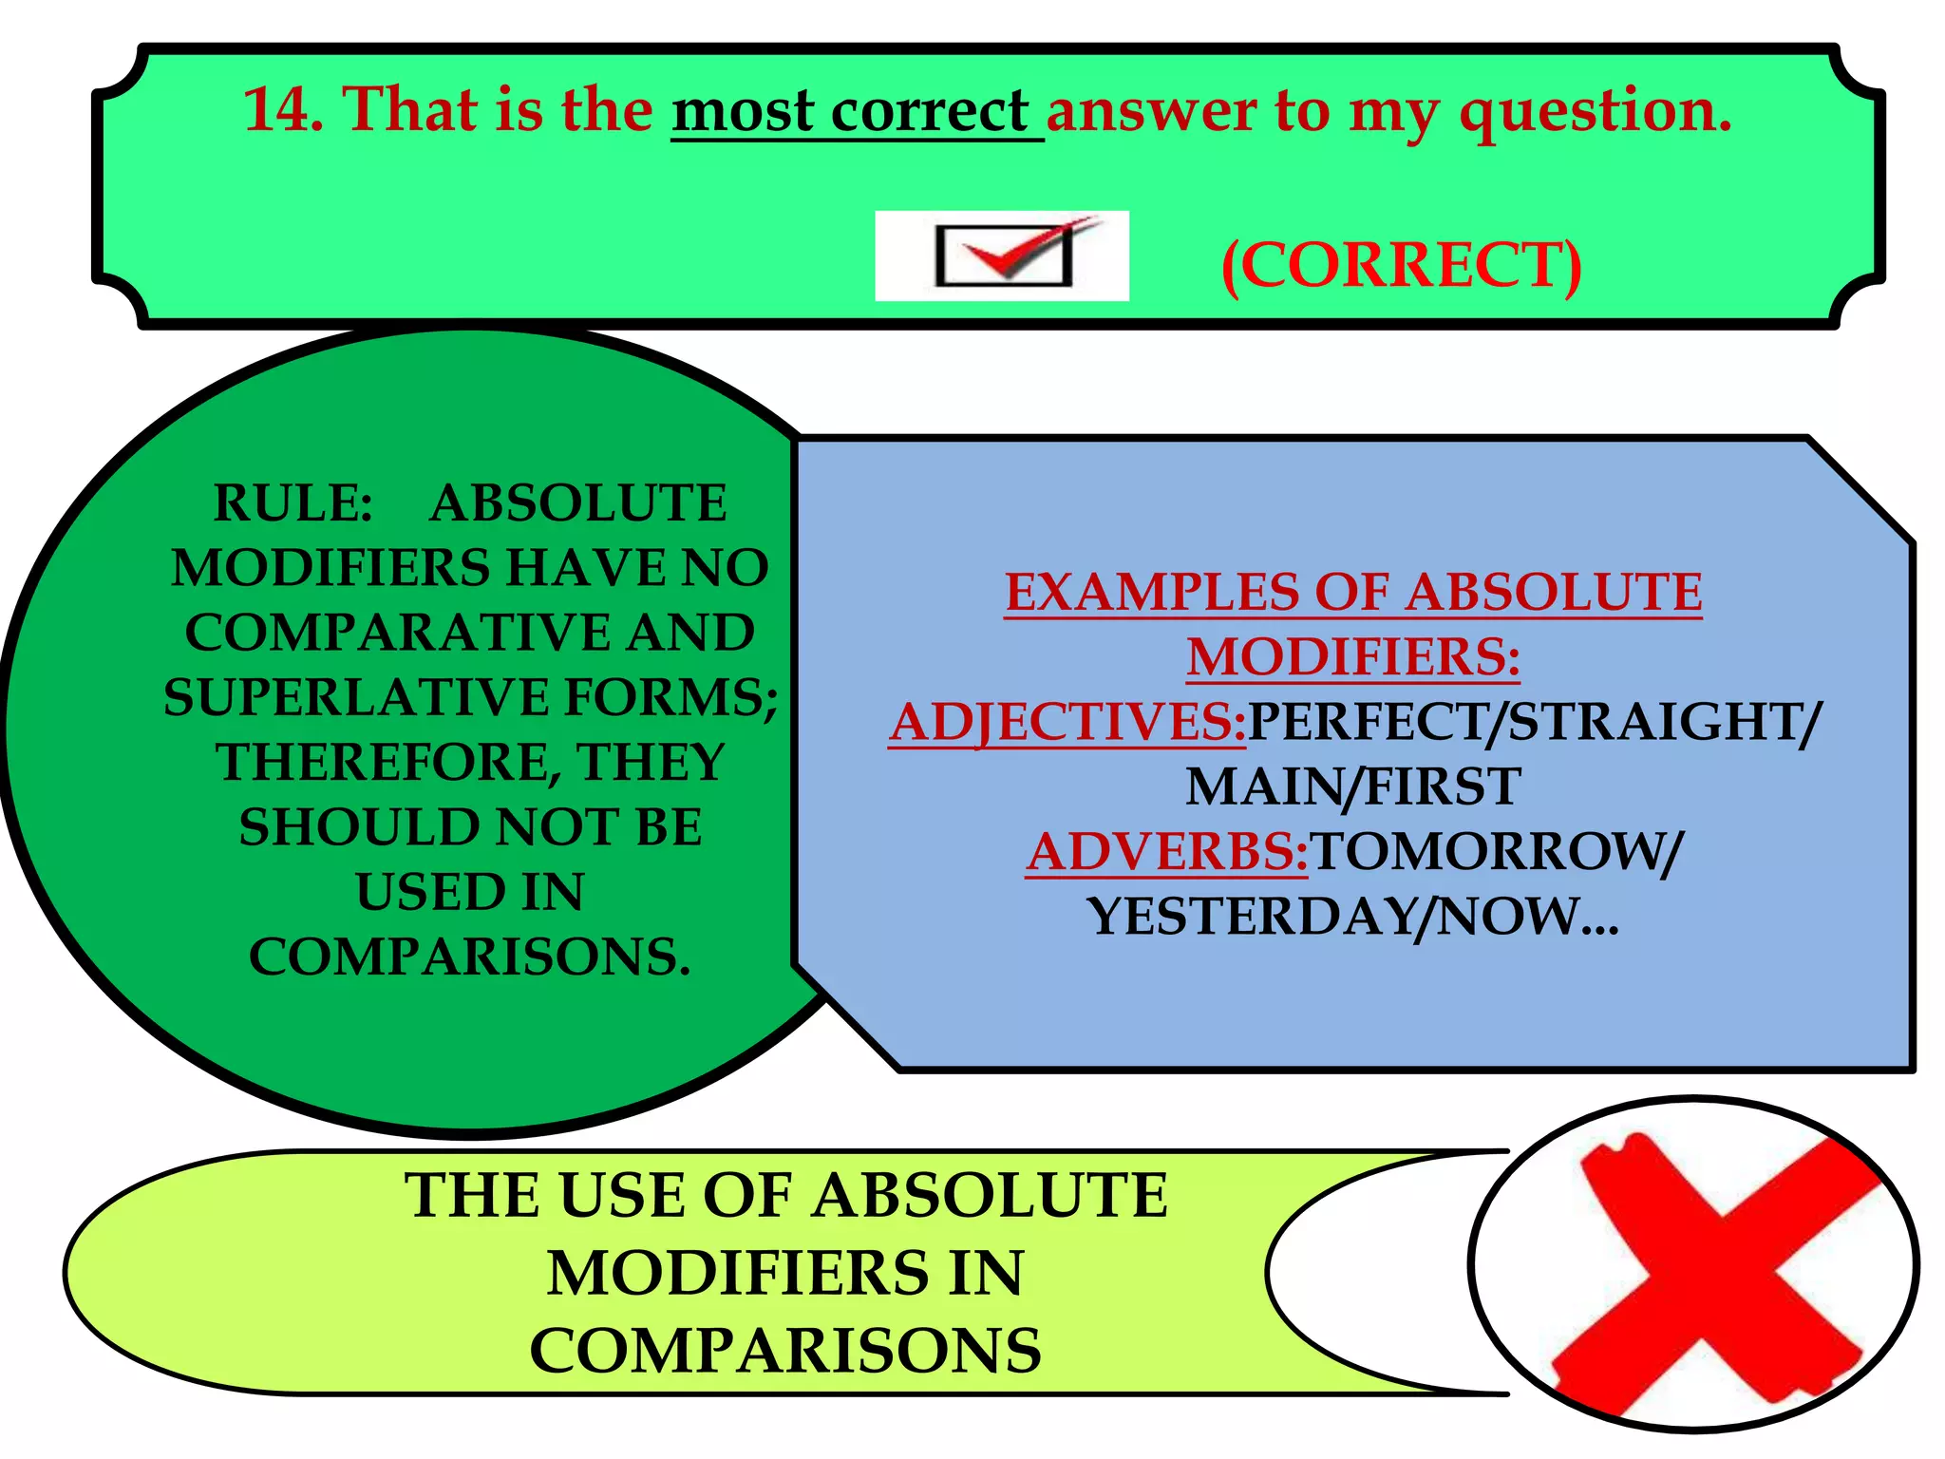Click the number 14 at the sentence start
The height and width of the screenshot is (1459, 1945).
281,110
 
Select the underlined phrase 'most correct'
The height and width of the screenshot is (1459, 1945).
850,112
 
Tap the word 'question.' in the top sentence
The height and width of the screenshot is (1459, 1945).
1596,112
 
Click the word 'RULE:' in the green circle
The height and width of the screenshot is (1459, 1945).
293,503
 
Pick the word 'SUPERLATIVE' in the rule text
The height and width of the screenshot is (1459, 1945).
355,697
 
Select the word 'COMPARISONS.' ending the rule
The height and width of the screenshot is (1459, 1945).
469,957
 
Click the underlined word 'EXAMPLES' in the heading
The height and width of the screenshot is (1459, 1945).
1150,593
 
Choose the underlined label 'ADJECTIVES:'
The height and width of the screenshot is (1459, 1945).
1067,722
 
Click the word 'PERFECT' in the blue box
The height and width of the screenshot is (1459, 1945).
1368,722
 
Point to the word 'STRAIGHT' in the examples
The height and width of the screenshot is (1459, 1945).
1657,722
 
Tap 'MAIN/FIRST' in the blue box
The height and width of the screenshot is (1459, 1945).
1353,786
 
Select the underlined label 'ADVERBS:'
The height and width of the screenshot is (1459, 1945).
1167,851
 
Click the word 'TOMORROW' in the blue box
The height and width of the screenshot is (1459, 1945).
1485,851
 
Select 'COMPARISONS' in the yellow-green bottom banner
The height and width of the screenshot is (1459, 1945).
785,1351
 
